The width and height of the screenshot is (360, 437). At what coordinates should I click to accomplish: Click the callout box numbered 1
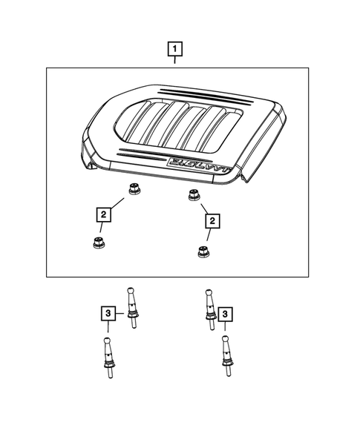click(175, 50)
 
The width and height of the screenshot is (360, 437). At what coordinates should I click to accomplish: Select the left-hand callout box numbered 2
click(102, 215)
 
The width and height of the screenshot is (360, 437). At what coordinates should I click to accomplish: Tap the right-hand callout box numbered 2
click(213, 220)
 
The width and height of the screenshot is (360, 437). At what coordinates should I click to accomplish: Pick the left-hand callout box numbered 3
click(108, 315)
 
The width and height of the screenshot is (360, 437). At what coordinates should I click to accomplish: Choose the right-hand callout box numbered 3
click(226, 315)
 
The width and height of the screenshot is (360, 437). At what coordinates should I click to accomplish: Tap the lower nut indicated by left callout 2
click(97, 243)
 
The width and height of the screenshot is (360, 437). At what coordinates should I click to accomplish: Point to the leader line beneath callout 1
click(175, 62)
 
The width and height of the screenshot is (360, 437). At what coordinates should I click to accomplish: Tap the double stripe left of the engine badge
click(142, 154)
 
